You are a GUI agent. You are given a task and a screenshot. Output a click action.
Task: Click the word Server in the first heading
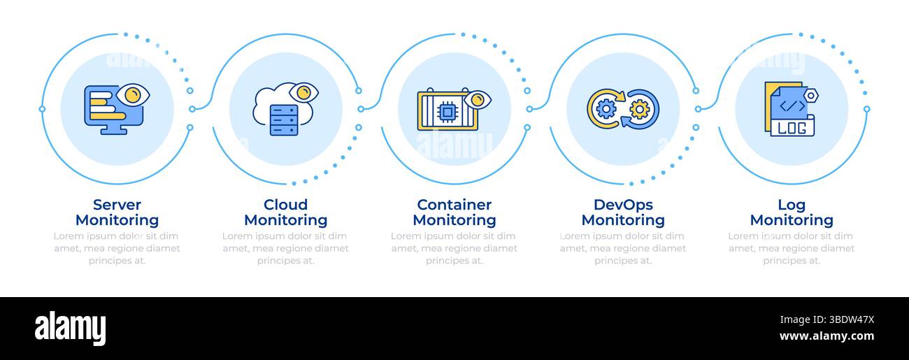tap(117, 205)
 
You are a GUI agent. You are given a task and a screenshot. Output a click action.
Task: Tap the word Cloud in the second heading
tap(285, 205)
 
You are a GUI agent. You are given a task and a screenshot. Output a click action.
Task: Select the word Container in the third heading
tap(454, 205)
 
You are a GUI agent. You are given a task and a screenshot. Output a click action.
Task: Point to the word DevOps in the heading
tap(623, 205)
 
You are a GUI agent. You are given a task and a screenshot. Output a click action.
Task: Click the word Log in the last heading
tap(792, 205)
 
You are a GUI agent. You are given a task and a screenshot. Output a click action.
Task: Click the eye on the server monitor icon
tap(133, 94)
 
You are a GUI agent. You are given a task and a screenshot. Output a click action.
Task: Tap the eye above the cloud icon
tap(303, 92)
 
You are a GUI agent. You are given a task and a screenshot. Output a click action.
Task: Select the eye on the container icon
tap(478, 100)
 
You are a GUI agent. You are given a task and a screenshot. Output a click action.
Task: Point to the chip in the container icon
tap(447, 112)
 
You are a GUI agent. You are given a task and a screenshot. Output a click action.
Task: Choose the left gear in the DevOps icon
tap(606, 108)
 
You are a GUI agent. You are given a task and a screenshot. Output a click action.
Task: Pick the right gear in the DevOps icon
tap(639, 109)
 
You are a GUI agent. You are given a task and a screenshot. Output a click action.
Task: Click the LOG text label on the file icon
tap(792, 128)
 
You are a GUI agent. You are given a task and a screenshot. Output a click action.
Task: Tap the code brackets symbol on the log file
tap(792, 106)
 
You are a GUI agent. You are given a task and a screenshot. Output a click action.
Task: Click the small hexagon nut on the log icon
tap(810, 95)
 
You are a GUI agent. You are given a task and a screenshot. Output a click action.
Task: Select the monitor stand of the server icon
tap(112, 130)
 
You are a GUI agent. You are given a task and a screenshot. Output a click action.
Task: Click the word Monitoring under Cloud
tap(285, 220)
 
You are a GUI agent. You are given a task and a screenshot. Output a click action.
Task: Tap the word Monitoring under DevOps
tap(623, 220)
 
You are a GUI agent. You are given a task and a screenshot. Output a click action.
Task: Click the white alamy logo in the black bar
tap(70, 327)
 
